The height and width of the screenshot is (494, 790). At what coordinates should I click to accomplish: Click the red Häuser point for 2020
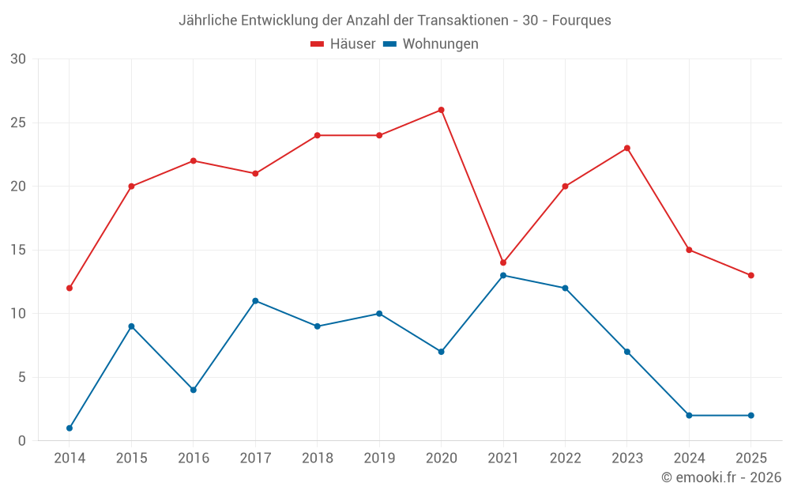tap(441, 110)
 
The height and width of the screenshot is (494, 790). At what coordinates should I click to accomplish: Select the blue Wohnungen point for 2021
tap(503, 275)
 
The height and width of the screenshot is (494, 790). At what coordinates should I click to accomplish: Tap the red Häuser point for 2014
tap(70, 288)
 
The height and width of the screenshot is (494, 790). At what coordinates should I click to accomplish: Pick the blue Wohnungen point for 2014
tap(70, 428)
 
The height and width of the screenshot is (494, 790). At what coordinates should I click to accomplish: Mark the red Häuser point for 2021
tap(503, 262)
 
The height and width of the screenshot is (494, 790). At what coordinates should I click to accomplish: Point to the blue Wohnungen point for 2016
tap(194, 390)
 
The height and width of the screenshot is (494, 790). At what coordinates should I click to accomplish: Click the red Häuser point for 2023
tap(627, 148)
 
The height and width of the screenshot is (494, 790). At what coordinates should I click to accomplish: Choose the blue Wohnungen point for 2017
tap(255, 301)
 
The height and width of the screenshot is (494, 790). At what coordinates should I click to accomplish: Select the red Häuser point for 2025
tap(751, 275)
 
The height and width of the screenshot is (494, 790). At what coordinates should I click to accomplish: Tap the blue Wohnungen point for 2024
tap(689, 415)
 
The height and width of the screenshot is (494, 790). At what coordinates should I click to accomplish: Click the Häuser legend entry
tap(344, 44)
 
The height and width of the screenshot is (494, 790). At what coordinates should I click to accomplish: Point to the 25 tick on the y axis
tap(17, 123)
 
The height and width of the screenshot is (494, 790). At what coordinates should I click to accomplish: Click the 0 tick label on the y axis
tap(21, 441)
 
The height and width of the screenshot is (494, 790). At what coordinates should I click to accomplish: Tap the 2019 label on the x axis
tap(379, 458)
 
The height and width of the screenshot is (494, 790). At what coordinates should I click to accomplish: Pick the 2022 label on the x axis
tap(565, 458)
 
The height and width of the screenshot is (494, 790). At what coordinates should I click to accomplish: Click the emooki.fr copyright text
tap(720, 477)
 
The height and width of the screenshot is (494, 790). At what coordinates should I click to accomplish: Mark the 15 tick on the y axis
tap(17, 250)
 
